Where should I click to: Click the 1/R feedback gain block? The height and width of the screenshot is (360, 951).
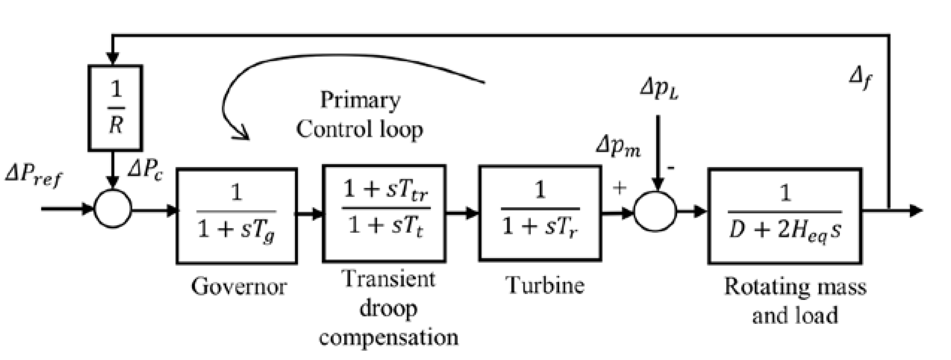pos(115,108)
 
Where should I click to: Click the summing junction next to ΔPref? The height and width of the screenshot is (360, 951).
pos(112,209)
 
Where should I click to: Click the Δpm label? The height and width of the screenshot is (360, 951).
pos(618,148)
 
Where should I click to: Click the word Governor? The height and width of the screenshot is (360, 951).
pos(239,287)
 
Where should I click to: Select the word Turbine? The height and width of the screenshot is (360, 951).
pos(545,285)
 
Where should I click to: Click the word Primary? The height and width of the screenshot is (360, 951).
pos(360,100)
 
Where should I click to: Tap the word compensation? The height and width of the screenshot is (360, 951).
pos(388,338)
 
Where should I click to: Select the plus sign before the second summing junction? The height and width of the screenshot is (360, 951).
pos(619,188)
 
